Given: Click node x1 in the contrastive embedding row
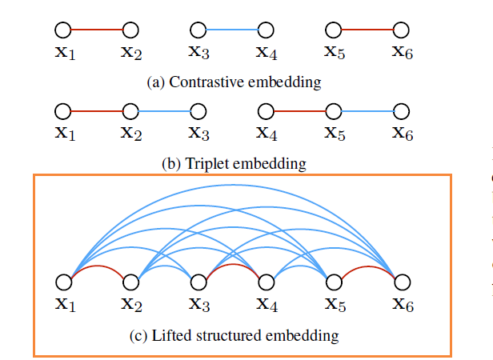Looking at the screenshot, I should coord(63,30).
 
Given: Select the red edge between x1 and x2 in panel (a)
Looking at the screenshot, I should coord(97,30).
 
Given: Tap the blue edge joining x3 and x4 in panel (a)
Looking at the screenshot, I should coord(231,30).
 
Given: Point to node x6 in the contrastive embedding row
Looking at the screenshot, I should coord(403,30).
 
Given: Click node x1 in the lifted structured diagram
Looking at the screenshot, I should coord(63,282).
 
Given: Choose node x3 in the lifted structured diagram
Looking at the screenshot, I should coord(198,282).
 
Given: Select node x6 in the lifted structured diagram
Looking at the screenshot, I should coord(403,282).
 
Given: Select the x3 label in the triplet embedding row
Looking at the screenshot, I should coord(199,134).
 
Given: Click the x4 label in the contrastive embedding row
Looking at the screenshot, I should coord(267,53).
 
